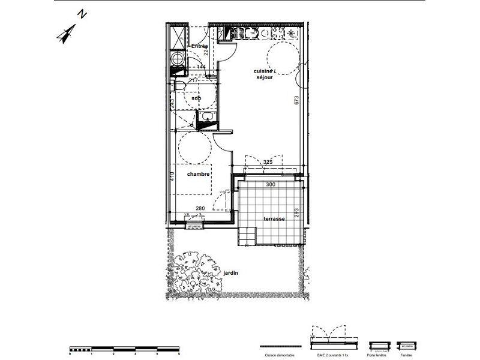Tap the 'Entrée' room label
[x=199, y=46]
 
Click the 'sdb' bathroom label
[x=196, y=98]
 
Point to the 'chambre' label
[x=198, y=174]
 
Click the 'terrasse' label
[x=274, y=220]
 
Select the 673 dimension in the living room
[x=296, y=100]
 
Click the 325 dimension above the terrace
[x=268, y=162]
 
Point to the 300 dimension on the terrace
[x=270, y=185]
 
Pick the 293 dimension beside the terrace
[x=296, y=213]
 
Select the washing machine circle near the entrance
[x=177, y=59]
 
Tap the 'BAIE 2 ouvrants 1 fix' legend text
[x=330, y=355]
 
